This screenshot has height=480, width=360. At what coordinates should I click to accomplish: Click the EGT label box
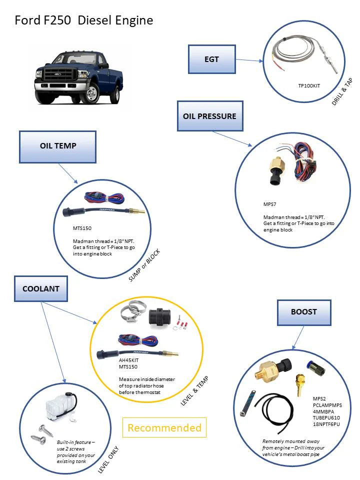pyautogui.click(x=211, y=59)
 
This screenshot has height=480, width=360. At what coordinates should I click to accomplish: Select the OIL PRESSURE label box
pyautogui.click(x=209, y=116)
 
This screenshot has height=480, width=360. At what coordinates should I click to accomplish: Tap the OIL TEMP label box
pyautogui.click(x=58, y=146)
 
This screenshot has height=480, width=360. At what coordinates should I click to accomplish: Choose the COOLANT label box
pyautogui.click(x=40, y=289)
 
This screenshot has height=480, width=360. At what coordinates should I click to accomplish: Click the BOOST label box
pyautogui.click(x=303, y=311)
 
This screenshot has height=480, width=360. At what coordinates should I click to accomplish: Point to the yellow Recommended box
pyautogui.click(x=164, y=428)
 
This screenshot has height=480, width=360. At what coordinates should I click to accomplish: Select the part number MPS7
pyautogui.click(x=270, y=204)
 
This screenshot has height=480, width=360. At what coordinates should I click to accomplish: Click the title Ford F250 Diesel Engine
pyautogui.click(x=83, y=20)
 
